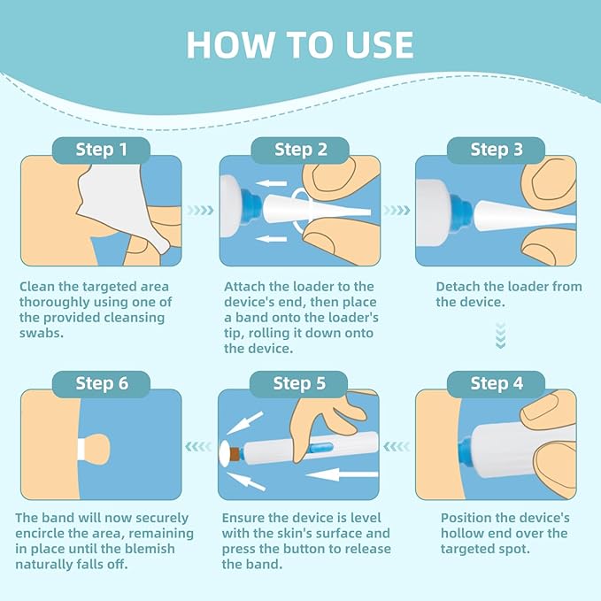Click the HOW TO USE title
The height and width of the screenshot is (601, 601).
coord(300,45)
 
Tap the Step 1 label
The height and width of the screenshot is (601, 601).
coord(102,150)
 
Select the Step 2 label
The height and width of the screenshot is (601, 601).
coord(300,150)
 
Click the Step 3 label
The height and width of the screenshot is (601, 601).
coord(497,150)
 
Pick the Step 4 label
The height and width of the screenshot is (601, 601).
coord(497,383)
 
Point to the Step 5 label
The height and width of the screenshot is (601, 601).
coord(300,383)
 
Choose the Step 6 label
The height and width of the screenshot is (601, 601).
coord(102,383)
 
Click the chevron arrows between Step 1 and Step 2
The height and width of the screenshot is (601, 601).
coord(201,211)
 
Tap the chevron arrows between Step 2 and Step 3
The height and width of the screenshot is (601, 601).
coord(398,211)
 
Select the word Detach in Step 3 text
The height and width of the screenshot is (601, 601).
coord(460,287)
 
